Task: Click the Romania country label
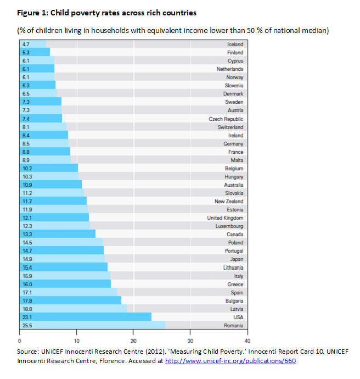point(234,325)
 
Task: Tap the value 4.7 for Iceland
point(25,44)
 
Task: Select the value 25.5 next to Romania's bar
point(27,325)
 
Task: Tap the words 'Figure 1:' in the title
point(32,13)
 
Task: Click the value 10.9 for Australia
point(27,185)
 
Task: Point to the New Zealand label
point(229,201)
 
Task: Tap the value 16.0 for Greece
point(27,284)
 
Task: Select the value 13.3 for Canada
point(27,234)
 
